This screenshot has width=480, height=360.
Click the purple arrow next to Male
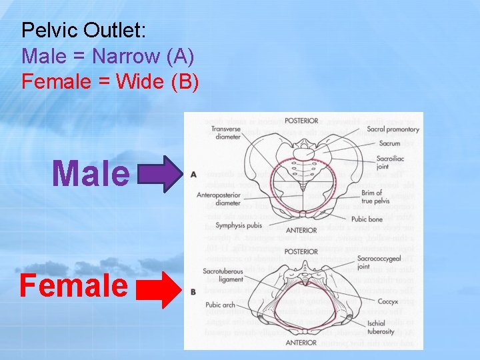click(x=160, y=173)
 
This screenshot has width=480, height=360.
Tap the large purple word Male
click(x=91, y=173)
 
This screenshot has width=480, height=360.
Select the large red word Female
click(x=73, y=285)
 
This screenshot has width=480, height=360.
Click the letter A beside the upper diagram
click(x=193, y=175)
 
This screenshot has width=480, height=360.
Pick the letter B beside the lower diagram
click(x=193, y=291)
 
